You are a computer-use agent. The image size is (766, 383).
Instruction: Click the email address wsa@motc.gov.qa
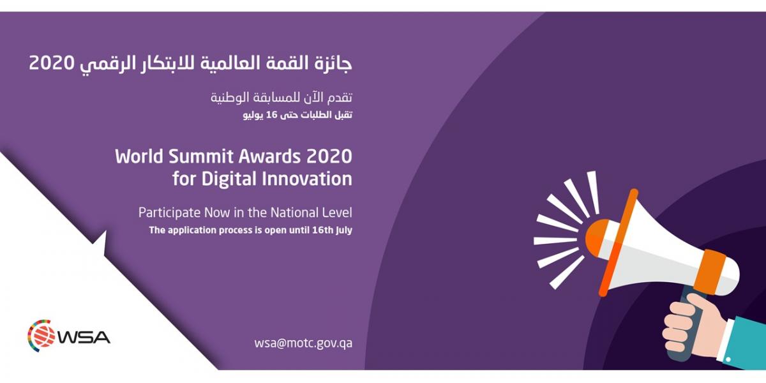point(303,343)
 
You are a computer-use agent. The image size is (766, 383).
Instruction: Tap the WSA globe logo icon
point(41,336)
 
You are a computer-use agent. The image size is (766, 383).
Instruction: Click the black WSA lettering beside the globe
point(84,337)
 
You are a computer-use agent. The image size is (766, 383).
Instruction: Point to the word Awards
point(269,156)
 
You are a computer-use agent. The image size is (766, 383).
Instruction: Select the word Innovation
point(307,179)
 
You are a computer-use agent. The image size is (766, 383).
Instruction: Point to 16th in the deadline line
point(322,230)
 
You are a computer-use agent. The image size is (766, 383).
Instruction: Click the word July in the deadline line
point(344,230)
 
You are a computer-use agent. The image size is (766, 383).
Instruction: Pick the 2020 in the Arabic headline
point(52,63)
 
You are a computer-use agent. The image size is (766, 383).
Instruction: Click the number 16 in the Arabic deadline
point(271,115)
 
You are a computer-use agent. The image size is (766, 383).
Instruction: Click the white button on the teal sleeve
point(728,359)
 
